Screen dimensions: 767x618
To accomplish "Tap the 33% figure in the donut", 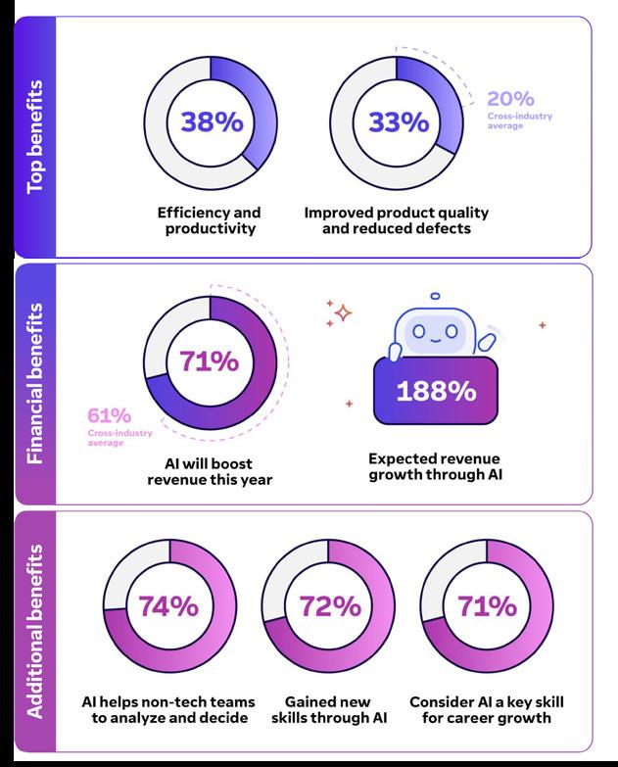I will coord(398,122).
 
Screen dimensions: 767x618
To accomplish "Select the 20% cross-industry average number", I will coord(510,99).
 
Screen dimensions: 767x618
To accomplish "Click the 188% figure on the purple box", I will coord(435,390).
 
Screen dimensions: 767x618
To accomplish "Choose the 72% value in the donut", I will coord(328,606).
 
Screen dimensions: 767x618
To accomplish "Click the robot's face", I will coord(435,331).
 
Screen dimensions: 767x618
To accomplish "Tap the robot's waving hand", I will coord(487,338).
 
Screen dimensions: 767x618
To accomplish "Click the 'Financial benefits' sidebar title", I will coord(35,383).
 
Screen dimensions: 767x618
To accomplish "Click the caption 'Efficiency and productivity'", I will coord(209,220).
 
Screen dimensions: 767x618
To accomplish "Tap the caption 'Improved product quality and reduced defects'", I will coord(396,220).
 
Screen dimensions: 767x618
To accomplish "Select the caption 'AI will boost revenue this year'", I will coord(210,471).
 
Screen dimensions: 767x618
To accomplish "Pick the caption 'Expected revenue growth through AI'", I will coord(434,466).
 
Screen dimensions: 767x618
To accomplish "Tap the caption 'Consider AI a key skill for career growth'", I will coord(487,710).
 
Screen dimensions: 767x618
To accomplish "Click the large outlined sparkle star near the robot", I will coord(342,312).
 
